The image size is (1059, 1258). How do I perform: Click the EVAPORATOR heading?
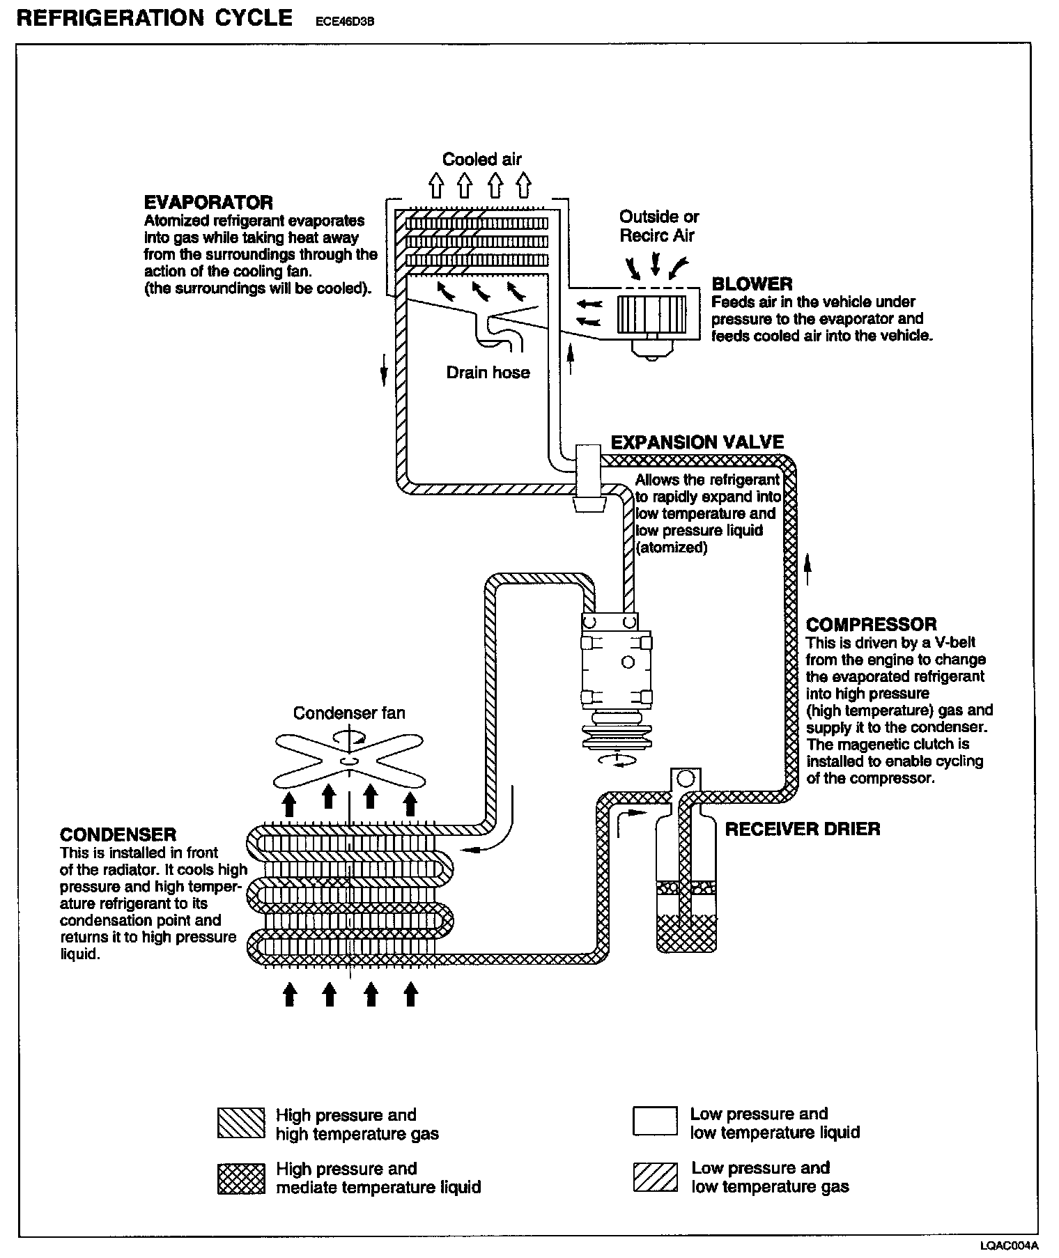(208, 203)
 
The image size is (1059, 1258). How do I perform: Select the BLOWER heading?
(752, 284)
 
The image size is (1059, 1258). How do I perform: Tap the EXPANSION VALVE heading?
(697, 442)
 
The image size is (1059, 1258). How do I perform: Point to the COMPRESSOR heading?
(871, 624)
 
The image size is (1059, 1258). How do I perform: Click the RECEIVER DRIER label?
(803, 829)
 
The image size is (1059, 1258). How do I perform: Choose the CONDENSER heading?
(118, 834)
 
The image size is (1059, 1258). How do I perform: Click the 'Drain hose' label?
(488, 373)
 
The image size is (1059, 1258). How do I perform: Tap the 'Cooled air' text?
(482, 160)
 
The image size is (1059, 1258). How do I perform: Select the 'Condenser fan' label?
(348, 713)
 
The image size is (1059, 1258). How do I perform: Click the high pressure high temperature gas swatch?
(240, 1124)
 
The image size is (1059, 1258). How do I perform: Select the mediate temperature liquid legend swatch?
(240, 1178)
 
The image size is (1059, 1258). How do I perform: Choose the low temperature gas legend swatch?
(655, 1177)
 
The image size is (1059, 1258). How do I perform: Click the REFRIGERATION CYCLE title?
(155, 17)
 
